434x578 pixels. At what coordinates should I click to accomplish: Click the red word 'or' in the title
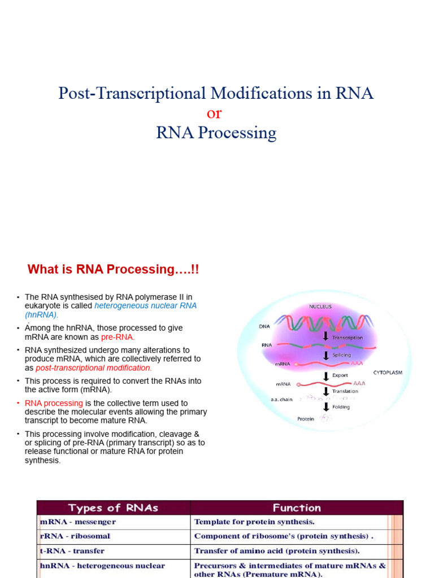pos(215,113)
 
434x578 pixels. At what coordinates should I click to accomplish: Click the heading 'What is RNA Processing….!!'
pos(114,270)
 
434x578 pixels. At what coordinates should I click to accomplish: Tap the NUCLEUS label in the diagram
pos(320,306)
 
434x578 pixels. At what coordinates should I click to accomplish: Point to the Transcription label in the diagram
pos(348,338)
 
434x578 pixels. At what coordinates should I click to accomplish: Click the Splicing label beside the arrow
pos(342,355)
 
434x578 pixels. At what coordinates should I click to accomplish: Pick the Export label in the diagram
pos(340,374)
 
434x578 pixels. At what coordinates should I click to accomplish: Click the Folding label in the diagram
pos(341,406)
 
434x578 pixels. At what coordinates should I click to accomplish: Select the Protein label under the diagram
pos(306,419)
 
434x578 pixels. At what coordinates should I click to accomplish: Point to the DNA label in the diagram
pos(264,326)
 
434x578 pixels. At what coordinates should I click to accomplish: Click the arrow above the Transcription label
pos(326,335)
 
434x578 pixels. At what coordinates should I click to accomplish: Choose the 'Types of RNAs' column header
pos(113,507)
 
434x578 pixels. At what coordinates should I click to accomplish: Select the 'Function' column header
pos(297,507)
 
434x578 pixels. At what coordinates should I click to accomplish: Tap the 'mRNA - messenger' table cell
pos(77,522)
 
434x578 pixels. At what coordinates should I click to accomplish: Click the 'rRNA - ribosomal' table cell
pos(75,536)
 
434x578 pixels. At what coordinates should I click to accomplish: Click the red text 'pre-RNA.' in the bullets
pos(118,337)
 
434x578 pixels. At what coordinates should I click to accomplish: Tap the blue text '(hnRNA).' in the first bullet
pos(42,315)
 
